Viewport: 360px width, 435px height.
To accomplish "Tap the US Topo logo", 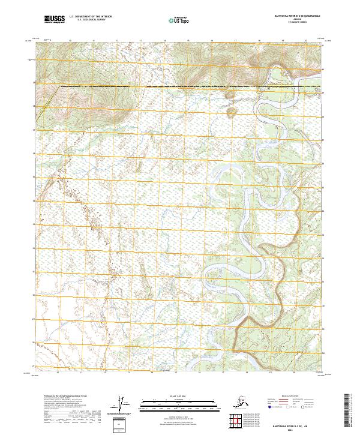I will [x=173, y=20].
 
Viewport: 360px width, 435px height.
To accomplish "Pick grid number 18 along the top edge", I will [x=259, y=41].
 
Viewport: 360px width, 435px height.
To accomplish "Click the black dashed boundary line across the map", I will [x=150, y=88].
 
